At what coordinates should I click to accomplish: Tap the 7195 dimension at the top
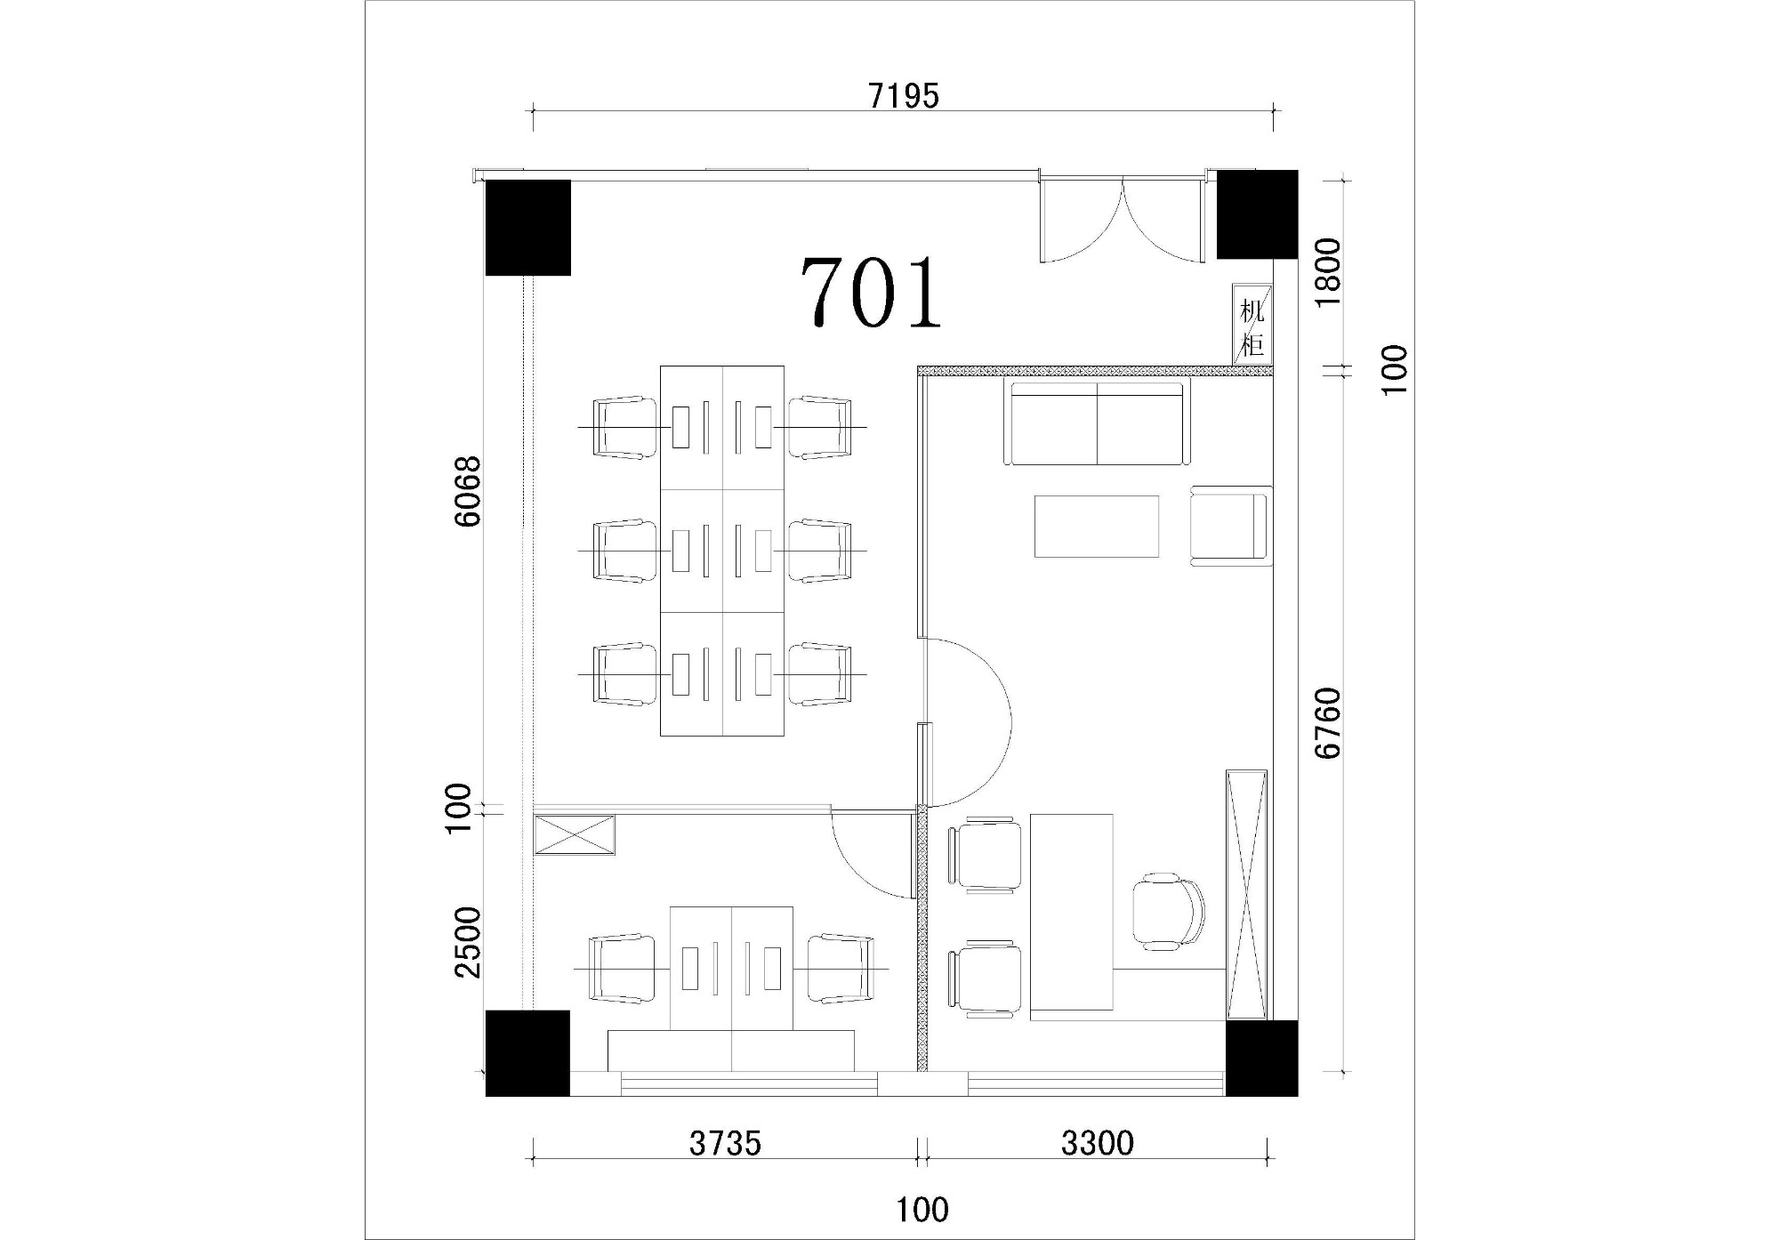[x=904, y=95]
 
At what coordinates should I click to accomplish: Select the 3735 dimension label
[x=725, y=1144]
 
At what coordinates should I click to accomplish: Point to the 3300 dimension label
[x=1098, y=1144]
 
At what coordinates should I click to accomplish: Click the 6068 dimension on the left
[x=468, y=491]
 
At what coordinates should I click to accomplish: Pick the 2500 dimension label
[x=468, y=943]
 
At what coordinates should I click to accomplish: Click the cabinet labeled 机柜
[x=1252, y=325]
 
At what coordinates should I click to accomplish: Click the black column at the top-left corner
[x=527, y=228]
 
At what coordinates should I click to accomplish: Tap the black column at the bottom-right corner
[x=1261, y=1058]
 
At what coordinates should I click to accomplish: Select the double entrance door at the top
[x=1122, y=219]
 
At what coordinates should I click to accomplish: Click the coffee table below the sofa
[x=1097, y=527]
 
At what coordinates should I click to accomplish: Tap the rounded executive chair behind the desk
[x=1169, y=912]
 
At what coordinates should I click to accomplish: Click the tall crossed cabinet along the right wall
[x=1246, y=894]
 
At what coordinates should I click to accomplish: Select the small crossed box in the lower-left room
[x=574, y=835]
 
